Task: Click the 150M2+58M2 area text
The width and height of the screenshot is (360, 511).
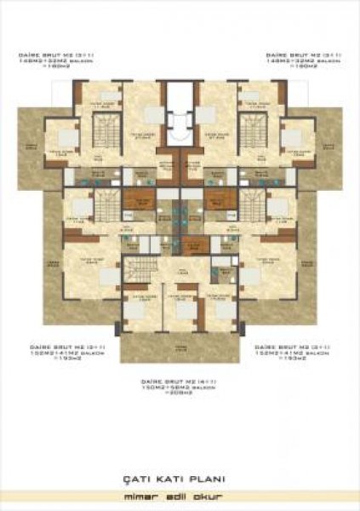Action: coord(163,388)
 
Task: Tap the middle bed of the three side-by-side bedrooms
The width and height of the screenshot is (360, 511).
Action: coord(180,311)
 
